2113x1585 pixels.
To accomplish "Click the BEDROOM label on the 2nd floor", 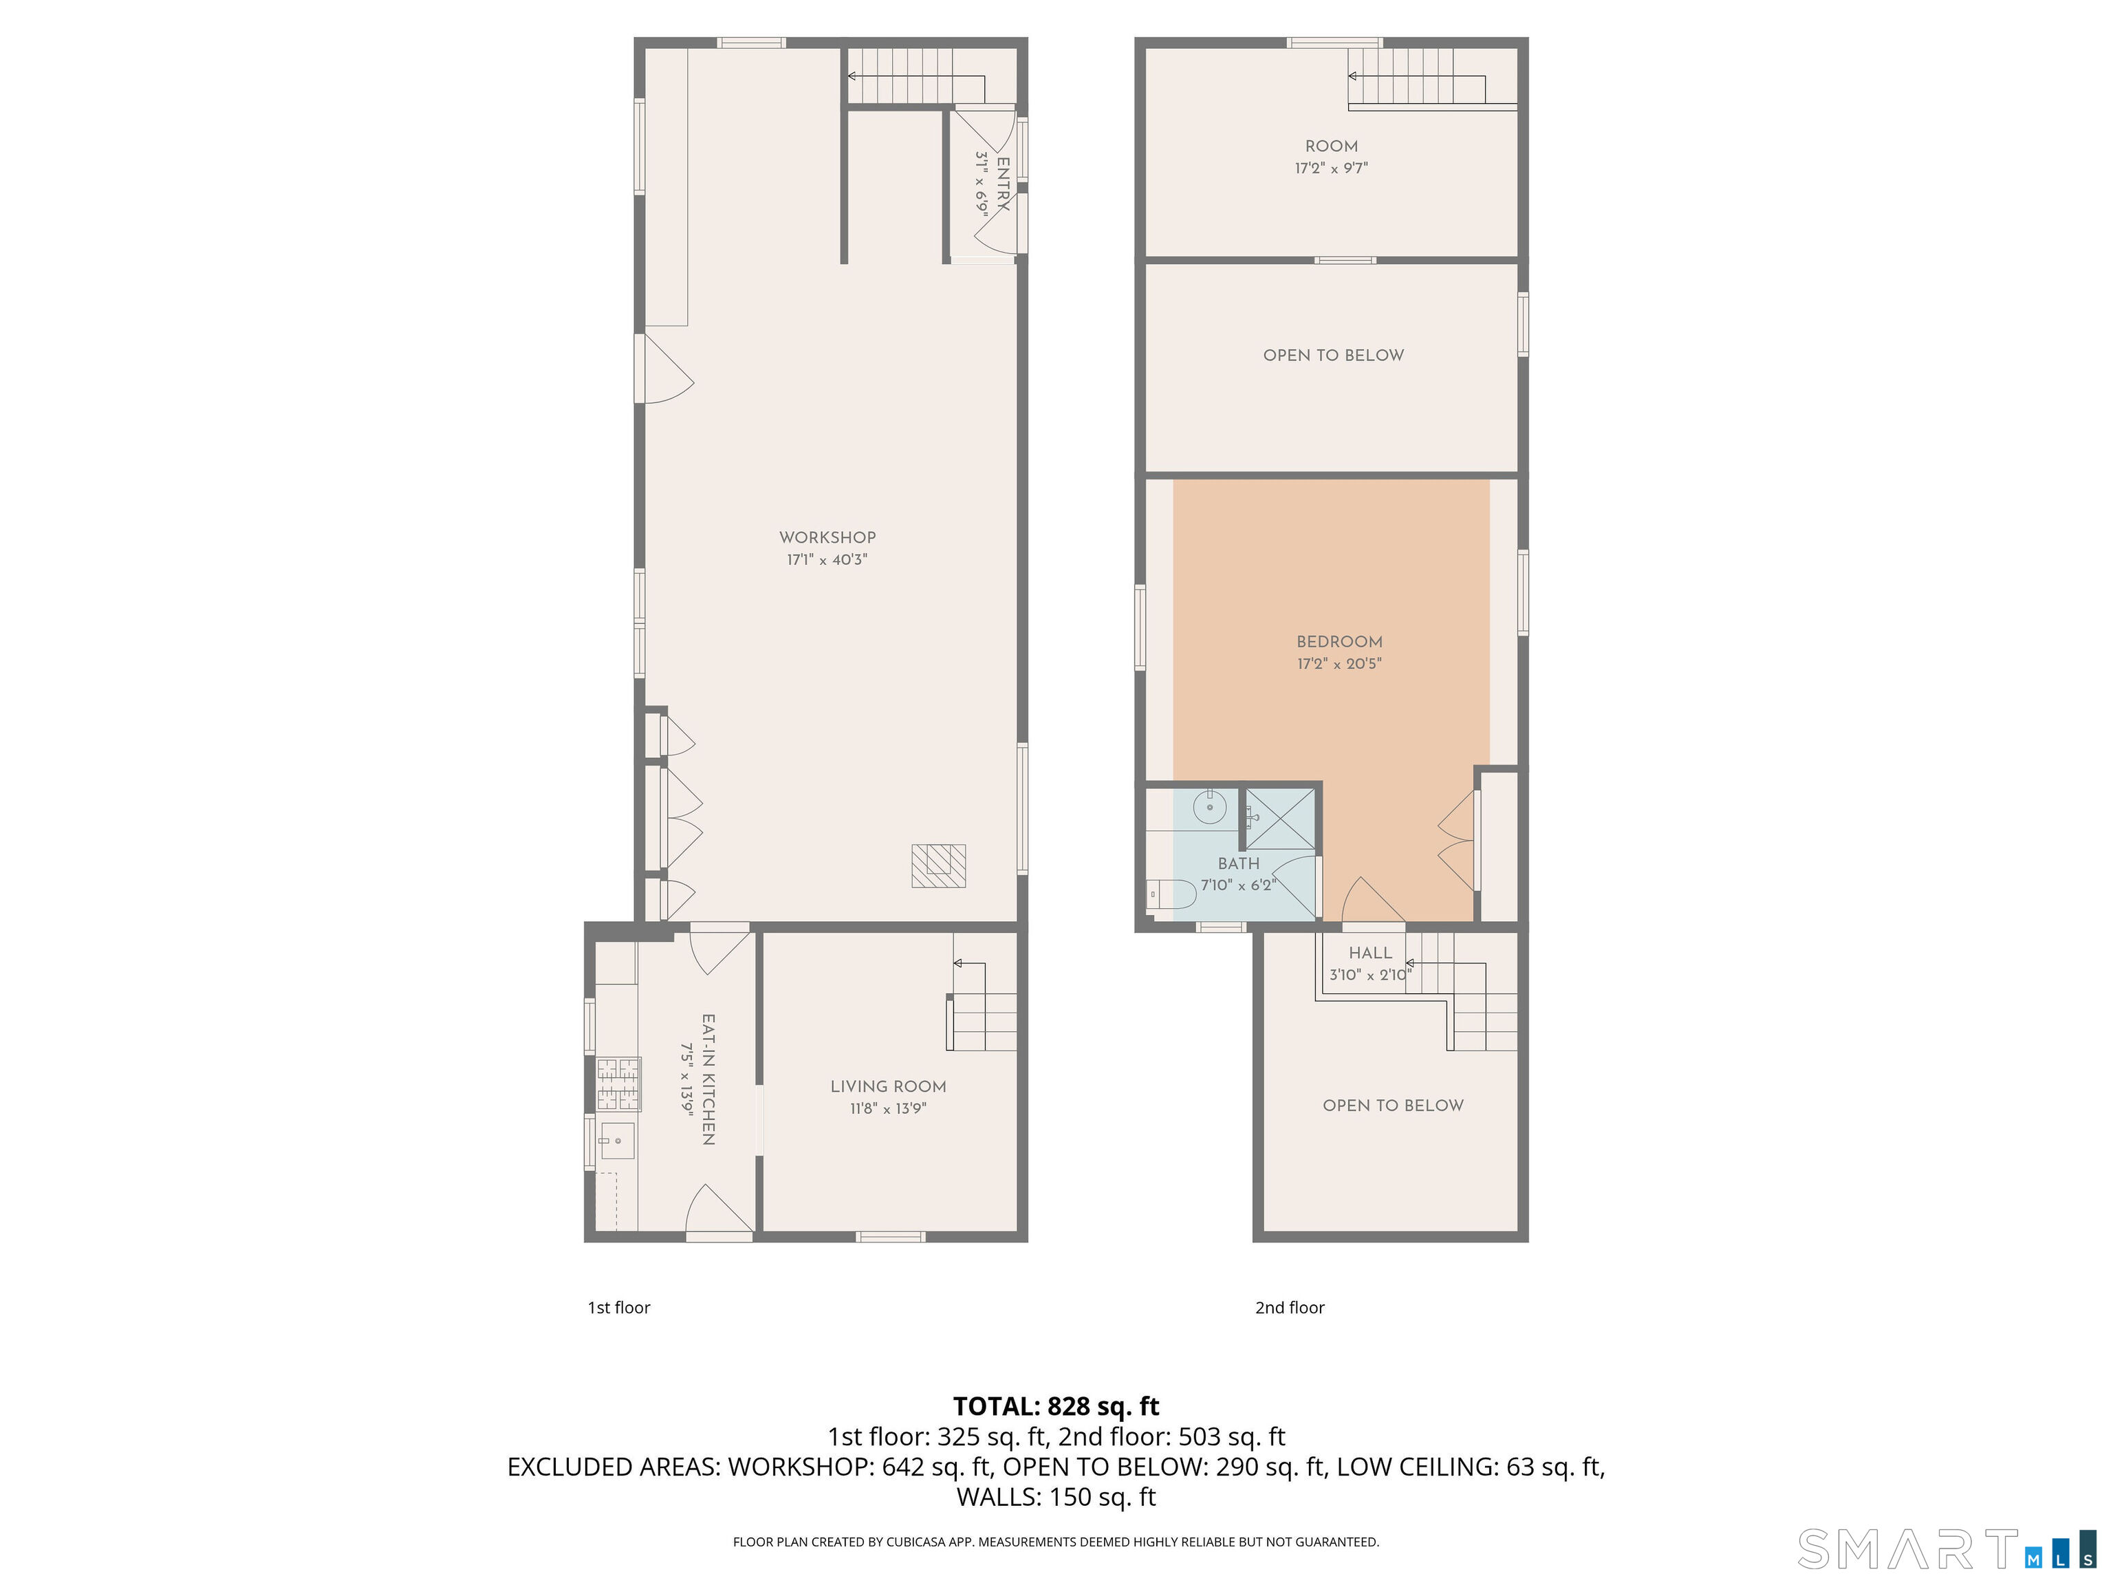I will click(x=1339, y=642).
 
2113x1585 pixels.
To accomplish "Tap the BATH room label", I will click(x=1238, y=863).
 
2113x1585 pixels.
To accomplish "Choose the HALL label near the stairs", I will click(x=1370, y=953).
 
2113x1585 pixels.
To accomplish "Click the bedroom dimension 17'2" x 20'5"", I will click(x=1339, y=664).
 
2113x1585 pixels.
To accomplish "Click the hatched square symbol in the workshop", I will click(x=938, y=865).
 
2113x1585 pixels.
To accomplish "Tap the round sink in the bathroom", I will click(x=1211, y=808).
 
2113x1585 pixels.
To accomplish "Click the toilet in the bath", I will click(x=1171, y=895).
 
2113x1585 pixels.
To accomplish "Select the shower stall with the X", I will click(x=1280, y=819).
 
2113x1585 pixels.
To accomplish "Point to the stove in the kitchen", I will click(x=618, y=1084).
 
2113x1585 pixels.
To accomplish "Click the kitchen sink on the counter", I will click(x=617, y=1141).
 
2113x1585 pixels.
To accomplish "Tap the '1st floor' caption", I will click(x=618, y=1308).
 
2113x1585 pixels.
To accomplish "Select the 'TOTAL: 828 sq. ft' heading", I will click(x=1056, y=1406).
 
